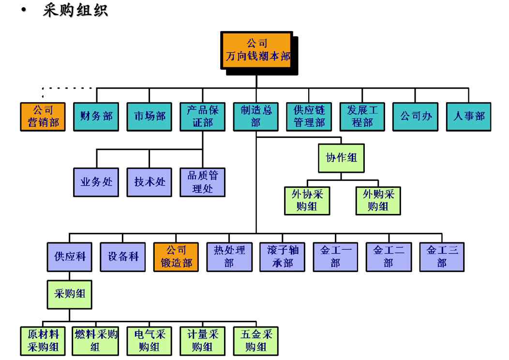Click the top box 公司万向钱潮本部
click(x=256, y=50)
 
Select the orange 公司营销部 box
click(x=43, y=117)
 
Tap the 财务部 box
click(x=96, y=117)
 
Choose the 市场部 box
click(x=149, y=117)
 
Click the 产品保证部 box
click(x=202, y=117)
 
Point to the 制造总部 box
click(x=255, y=117)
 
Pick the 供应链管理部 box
click(x=309, y=117)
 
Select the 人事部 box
click(x=468, y=117)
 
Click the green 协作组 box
click(x=341, y=158)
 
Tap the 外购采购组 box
click(x=378, y=200)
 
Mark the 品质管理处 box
click(x=202, y=182)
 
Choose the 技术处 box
click(x=149, y=182)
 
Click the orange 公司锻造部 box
click(x=176, y=257)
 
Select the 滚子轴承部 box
click(x=283, y=257)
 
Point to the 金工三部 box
click(x=442, y=257)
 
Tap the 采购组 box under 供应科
click(x=69, y=294)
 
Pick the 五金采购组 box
click(x=255, y=341)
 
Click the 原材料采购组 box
click(x=43, y=341)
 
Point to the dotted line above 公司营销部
click(x=68, y=88)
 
